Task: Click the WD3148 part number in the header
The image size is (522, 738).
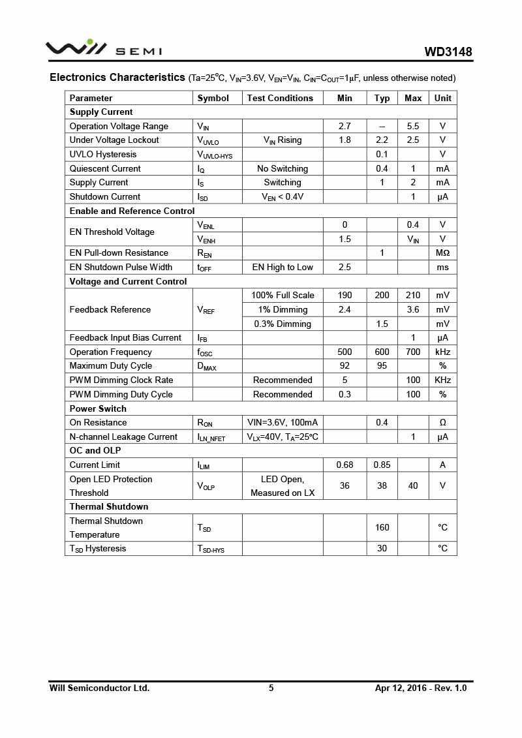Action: pyautogui.click(x=448, y=52)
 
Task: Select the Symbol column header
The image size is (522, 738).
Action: pyautogui.click(x=213, y=98)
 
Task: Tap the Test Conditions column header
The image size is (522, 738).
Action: pyautogui.click(x=280, y=98)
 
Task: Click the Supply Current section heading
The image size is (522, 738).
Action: pyautogui.click(x=101, y=112)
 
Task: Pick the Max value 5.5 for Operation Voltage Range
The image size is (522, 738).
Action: pyautogui.click(x=413, y=126)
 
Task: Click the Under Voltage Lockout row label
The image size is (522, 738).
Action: pyautogui.click(x=114, y=140)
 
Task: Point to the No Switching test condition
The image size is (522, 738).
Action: pyautogui.click(x=283, y=168)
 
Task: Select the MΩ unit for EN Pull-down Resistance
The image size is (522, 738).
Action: pyautogui.click(x=442, y=253)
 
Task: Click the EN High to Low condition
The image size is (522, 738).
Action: pyautogui.click(x=283, y=267)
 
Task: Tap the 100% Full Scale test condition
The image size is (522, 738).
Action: pyautogui.click(x=283, y=295)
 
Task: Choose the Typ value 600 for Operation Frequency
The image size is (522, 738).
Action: pyautogui.click(x=382, y=352)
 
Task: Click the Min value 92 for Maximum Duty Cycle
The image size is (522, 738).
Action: pyautogui.click(x=345, y=365)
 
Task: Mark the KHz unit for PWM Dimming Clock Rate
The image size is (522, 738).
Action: pyautogui.click(x=442, y=380)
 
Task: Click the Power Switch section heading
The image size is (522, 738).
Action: pyautogui.click(x=98, y=408)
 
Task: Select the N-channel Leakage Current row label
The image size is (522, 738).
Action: pyautogui.click(x=123, y=437)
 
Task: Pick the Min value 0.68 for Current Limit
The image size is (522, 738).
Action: pyautogui.click(x=345, y=465)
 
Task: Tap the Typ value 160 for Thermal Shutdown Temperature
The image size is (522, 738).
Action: pyautogui.click(x=382, y=527)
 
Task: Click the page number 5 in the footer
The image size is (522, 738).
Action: pyautogui.click(x=271, y=688)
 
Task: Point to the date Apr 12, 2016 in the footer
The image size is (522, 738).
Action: pyautogui.click(x=399, y=688)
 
